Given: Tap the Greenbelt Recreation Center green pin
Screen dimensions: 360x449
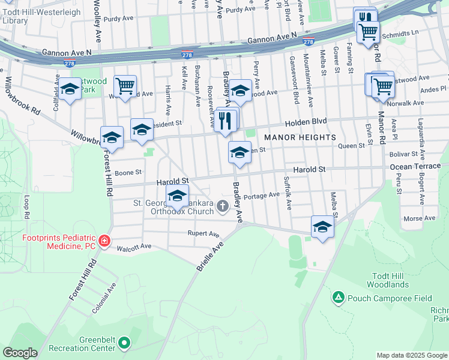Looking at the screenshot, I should click(x=124, y=343).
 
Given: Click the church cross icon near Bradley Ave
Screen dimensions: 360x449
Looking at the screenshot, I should click(x=223, y=207).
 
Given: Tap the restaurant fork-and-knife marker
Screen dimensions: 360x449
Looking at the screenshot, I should click(x=226, y=121).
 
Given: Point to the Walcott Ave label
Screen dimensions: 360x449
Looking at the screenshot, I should click(x=134, y=247).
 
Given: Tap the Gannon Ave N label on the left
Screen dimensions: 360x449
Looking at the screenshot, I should click(x=67, y=53).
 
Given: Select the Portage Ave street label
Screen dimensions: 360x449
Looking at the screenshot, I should click(x=262, y=195).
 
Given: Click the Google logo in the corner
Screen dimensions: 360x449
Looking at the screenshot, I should click(x=20, y=353).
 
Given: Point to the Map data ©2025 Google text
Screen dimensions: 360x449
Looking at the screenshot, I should click(x=412, y=355).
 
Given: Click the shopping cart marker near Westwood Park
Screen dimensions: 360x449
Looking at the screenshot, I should click(x=125, y=86).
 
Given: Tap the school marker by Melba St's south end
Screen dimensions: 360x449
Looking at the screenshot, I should click(x=322, y=227).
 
